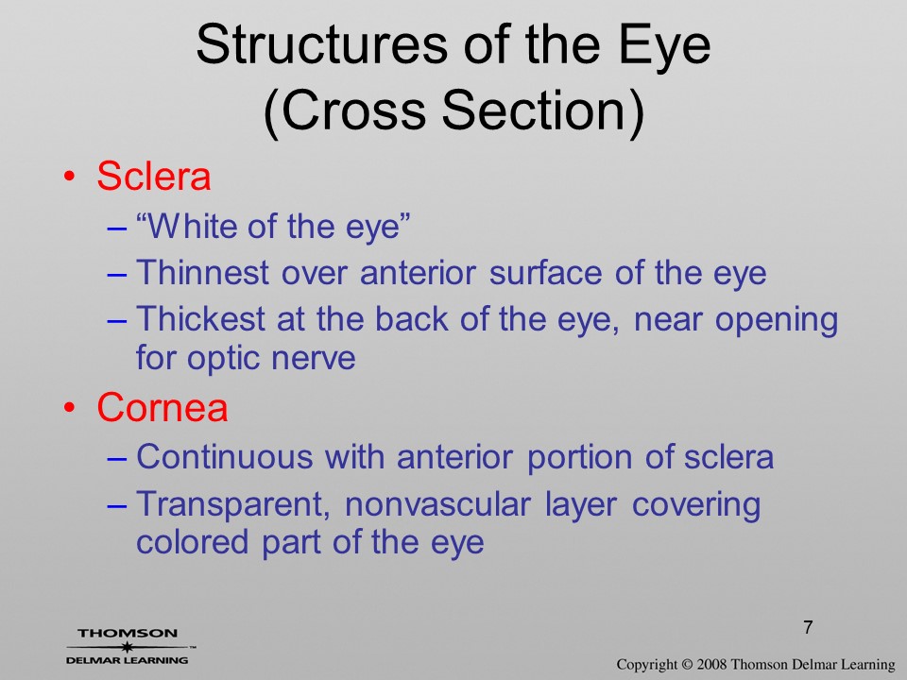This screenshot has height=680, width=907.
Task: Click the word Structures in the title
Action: (321, 45)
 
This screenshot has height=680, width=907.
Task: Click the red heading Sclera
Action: (153, 176)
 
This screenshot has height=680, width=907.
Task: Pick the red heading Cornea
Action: (163, 407)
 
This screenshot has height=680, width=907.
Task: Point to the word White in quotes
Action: (185, 226)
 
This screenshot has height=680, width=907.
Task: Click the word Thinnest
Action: (202, 272)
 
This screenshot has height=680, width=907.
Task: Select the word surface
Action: (545, 273)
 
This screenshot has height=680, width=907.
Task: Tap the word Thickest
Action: (200, 318)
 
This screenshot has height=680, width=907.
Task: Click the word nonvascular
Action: (437, 504)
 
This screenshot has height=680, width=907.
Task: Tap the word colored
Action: (192, 541)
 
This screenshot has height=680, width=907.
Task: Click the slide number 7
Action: (808, 627)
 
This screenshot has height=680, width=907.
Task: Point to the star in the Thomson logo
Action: (127, 647)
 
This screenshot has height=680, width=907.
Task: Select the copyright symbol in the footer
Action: (687, 664)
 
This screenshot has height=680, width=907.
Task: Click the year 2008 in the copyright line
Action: (710, 664)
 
